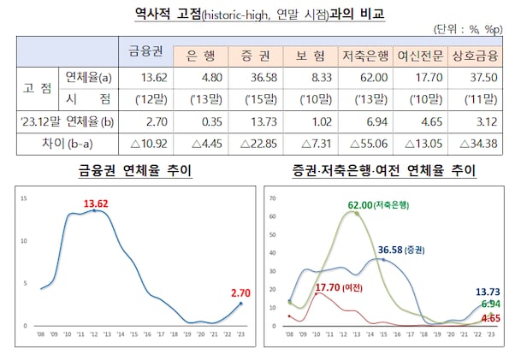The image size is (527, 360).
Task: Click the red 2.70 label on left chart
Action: click(240, 292)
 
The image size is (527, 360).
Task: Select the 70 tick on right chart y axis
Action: click(272, 198)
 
